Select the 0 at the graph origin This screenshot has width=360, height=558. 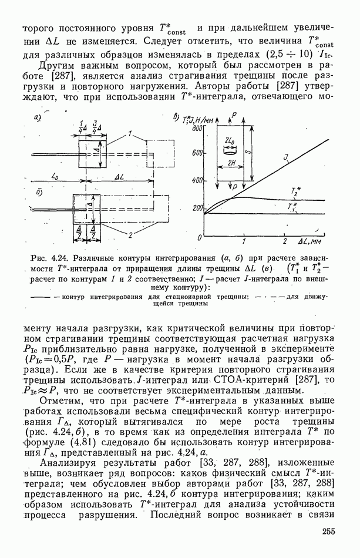pyautogui.click(x=200, y=237)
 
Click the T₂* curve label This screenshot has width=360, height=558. pyautogui.click(x=295, y=190)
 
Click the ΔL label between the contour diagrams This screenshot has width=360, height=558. pyautogui.click(x=119, y=177)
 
